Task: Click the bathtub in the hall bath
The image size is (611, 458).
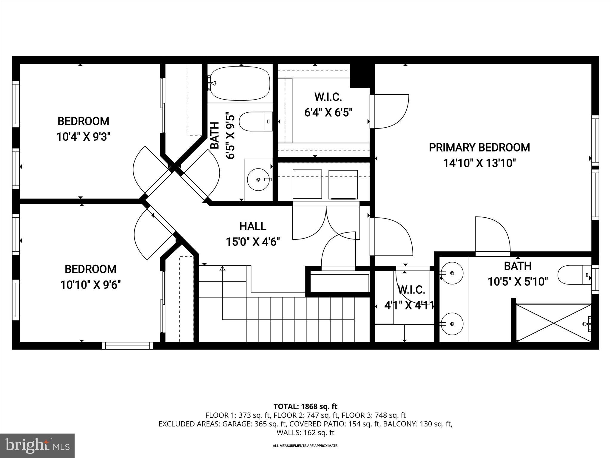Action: tap(240, 83)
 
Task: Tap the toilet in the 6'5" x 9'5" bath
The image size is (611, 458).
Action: tap(255, 121)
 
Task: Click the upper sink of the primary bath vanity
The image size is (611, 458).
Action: tap(452, 273)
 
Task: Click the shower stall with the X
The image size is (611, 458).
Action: tap(553, 322)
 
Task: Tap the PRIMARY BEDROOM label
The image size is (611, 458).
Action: tap(479, 148)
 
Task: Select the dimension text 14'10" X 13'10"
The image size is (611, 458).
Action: tap(479, 163)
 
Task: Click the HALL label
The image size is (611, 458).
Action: tap(253, 226)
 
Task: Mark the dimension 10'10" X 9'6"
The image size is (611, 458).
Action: tap(90, 285)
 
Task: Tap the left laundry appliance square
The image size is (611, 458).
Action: tap(307, 184)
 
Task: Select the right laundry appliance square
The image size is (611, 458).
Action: tap(343, 184)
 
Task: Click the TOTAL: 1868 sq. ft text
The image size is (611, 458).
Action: tap(305, 406)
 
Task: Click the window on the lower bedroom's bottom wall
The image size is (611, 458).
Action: tap(127, 346)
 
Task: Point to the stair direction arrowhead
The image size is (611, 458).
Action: tap(222, 268)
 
